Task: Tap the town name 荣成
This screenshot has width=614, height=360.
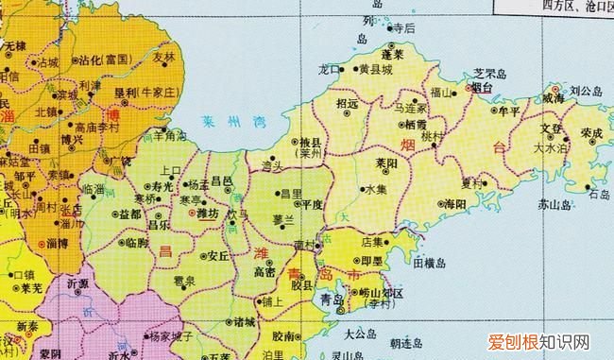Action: [x=592, y=133]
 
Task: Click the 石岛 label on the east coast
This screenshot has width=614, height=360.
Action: [x=599, y=195]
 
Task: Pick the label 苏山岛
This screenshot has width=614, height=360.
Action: [x=554, y=204]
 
